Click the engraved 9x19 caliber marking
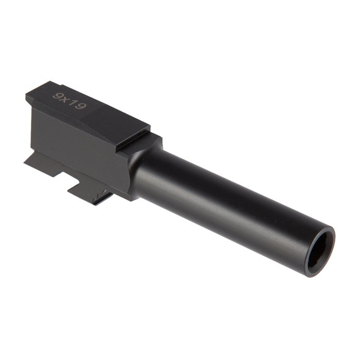[69, 101]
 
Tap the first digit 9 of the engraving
[58, 96]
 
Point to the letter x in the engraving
[66, 100]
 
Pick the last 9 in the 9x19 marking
[80, 105]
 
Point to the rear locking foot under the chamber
[44, 162]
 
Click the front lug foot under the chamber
[90, 190]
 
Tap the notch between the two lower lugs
[67, 177]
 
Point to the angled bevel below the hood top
[93, 126]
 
